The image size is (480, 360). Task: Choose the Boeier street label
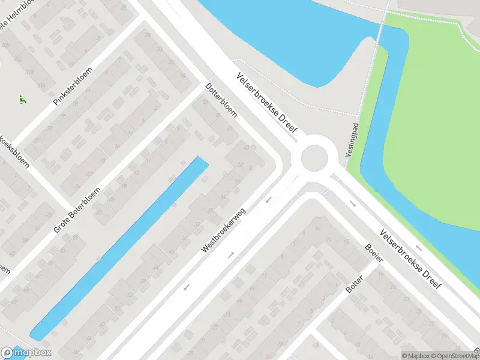[x=374, y=256]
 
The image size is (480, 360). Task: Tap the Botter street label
[x=355, y=283]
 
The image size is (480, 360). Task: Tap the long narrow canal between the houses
[x=120, y=246]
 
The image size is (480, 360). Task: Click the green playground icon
[x=23, y=100]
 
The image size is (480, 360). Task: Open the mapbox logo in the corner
[x=26, y=352]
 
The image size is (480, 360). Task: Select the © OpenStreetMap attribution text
[x=456, y=355]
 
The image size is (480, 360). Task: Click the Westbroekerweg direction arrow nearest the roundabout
[x=269, y=199]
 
